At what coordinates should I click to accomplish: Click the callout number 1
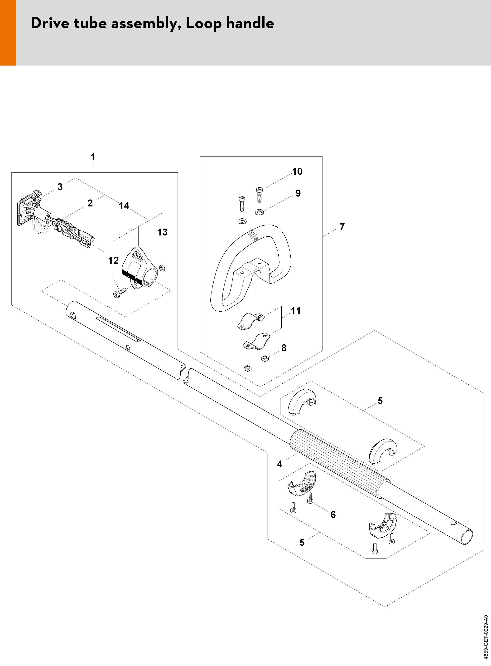[93, 157]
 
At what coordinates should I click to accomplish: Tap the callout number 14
[124, 206]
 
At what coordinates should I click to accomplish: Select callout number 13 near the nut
[162, 232]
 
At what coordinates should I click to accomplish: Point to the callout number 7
[342, 227]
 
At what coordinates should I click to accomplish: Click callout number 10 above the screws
[297, 172]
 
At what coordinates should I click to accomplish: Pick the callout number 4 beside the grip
[279, 464]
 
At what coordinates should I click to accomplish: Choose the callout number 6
[333, 514]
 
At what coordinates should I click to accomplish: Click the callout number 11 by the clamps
[295, 311]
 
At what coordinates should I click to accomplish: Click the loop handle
[250, 268]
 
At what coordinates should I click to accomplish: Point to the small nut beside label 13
[162, 268]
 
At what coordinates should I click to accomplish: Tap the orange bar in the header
[8, 33]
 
